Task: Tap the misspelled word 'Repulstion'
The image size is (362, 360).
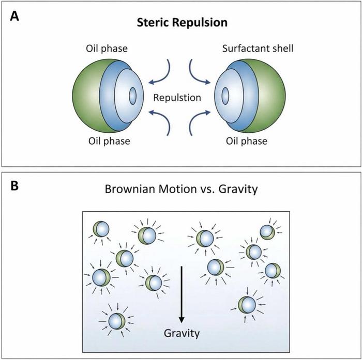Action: point(180,97)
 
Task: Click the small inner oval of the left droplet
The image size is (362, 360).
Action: point(132,96)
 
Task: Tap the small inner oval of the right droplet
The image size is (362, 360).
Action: point(227,96)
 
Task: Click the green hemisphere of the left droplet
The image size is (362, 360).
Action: point(86,96)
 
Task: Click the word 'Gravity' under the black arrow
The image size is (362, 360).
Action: point(181,333)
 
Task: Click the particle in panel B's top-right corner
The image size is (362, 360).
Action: point(267,232)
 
